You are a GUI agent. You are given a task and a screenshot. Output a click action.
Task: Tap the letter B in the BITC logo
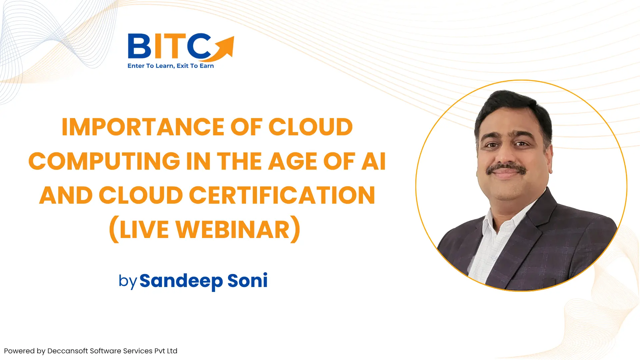tap(139, 46)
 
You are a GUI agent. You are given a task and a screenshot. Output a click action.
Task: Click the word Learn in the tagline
tap(165, 66)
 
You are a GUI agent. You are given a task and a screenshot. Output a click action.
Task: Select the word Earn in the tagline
tap(207, 66)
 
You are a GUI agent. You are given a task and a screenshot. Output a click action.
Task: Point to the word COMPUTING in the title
tap(104, 161)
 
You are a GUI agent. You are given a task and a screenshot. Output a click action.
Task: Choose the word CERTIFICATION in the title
tap(282, 195)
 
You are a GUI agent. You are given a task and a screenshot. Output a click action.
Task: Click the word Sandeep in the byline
tap(181, 281)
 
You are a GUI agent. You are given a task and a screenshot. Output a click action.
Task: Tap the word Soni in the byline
tap(247, 280)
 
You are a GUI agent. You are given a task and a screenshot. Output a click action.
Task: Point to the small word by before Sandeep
tap(128, 281)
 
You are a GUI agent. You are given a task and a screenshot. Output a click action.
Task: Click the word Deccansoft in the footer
tap(68, 351)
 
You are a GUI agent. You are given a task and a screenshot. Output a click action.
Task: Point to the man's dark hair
tap(512, 107)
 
